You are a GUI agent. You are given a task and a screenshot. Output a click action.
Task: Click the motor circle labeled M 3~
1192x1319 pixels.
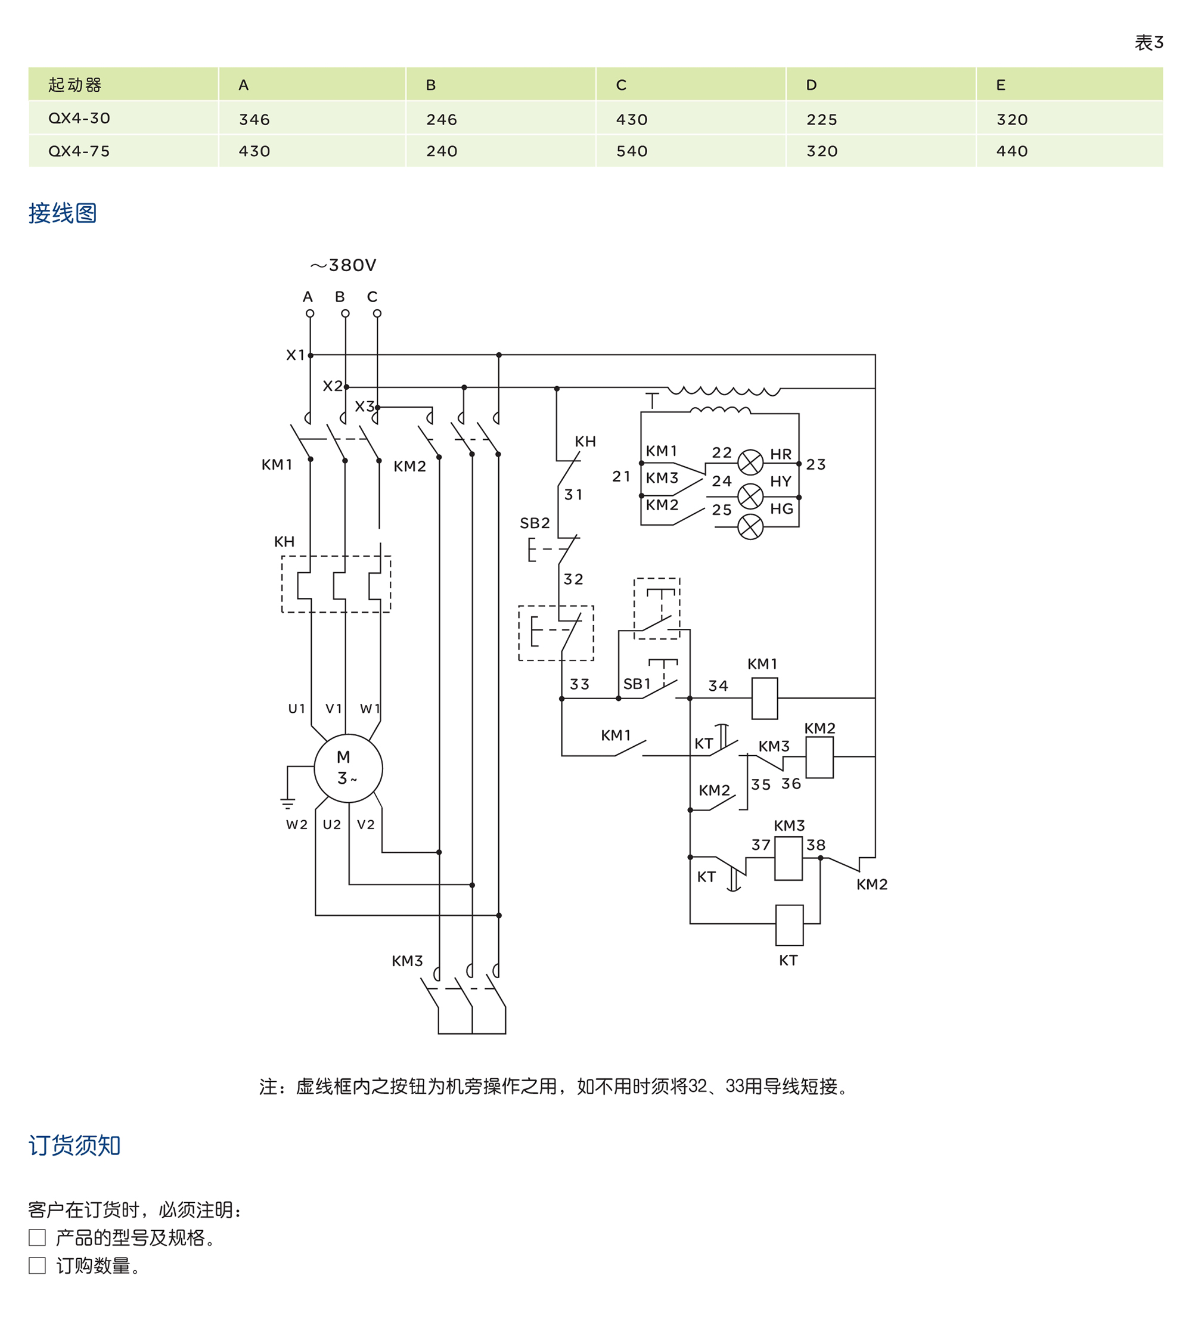click(x=348, y=768)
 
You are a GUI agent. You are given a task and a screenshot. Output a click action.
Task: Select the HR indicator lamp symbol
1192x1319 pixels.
click(x=750, y=462)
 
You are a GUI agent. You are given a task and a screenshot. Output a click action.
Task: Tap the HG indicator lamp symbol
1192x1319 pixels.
click(x=750, y=526)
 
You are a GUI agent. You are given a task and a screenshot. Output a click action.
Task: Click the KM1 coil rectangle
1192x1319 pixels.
click(x=764, y=698)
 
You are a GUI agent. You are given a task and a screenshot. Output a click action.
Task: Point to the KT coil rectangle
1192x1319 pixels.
click(x=789, y=924)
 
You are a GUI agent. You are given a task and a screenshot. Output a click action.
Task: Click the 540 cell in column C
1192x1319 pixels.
click(x=631, y=151)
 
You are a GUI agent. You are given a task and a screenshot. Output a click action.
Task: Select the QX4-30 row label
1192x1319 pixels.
click(x=79, y=119)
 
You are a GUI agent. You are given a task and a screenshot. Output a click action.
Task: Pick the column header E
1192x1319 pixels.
click(x=1000, y=85)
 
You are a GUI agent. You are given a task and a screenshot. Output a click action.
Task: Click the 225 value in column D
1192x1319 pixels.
click(x=822, y=120)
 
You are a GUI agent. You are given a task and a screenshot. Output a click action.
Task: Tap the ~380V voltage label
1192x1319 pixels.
click(x=343, y=265)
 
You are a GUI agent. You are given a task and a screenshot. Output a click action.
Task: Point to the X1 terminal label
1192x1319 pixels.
click(x=295, y=355)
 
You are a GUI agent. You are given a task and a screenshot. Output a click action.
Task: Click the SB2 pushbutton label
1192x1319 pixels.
click(x=535, y=523)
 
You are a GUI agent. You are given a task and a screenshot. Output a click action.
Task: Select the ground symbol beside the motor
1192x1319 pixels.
click(x=287, y=803)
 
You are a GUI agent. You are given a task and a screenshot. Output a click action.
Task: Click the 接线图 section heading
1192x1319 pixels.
click(x=63, y=213)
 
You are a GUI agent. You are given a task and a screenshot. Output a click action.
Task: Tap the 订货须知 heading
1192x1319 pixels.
click(x=74, y=1145)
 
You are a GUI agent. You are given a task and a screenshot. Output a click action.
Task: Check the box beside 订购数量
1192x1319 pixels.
click(x=38, y=1265)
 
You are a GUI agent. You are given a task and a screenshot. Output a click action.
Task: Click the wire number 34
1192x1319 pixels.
click(x=718, y=685)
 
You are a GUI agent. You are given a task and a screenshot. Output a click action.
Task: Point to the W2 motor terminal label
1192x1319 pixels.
click(x=296, y=824)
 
